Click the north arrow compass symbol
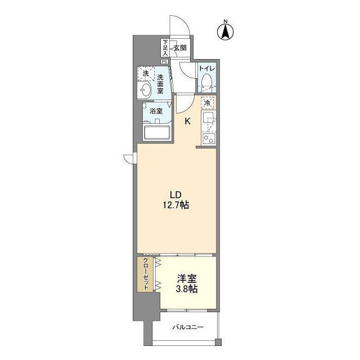point(226,31)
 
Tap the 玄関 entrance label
point(180,48)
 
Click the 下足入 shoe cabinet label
point(165,48)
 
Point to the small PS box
point(165,62)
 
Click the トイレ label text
point(206,69)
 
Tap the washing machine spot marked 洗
point(146,74)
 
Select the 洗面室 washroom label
point(161,84)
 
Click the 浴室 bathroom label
point(156,111)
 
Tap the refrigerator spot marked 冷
point(208,103)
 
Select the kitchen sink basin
point(208,119)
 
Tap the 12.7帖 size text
point(177,205)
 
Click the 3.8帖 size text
point(186,289)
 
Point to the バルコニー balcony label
point(188,327)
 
